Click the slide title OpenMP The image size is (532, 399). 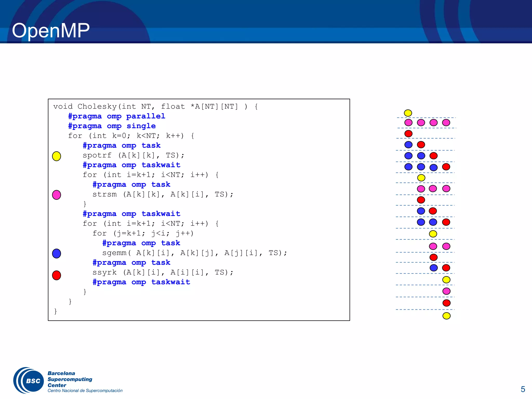(x=51, y=31)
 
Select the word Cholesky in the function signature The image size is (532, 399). (x=97, y=107)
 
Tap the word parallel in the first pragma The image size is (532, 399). (x=145, y=116)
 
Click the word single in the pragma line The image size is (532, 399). (x=141, y=126)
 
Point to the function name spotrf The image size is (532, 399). (x=97, y=155)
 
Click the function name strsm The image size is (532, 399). (x=104, y=194)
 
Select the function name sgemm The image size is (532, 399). (x=114, y=253)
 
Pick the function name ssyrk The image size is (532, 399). (x=104, y=272)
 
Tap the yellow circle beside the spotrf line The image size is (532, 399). (x=57, y=156)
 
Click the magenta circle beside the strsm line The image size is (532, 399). (x=57, y=195)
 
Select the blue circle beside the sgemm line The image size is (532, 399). (x=57, y=253)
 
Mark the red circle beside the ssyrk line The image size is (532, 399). (x=57, y=275)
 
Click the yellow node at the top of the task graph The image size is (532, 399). (x=408, y=113)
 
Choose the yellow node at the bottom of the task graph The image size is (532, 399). (x=446, y=316)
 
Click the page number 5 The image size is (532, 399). (x=523, y=389)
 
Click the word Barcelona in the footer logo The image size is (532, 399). (x=61, y=373)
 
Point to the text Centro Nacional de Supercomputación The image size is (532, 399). (x=85, y=391)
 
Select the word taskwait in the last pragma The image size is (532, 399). (x=170, y=282)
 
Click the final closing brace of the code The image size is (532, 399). (x=55, y=311)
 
